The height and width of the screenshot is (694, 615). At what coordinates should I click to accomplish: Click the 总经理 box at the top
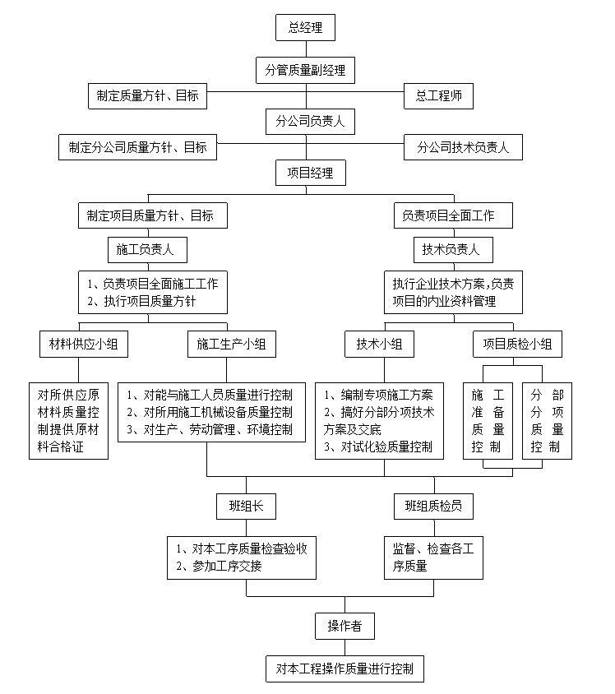pyautogui.click(x=305, y=27)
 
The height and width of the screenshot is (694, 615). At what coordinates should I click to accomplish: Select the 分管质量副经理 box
pyautogui.click(x=305, y=70)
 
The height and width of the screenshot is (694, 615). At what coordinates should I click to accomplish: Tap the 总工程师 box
pyautogui.click(x=438, y=96)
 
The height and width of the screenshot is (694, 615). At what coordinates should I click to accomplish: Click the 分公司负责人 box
pyautogui.click(x=310, y=121)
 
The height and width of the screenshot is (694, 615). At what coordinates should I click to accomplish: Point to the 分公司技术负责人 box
pyautogui.click(x=463, y=147)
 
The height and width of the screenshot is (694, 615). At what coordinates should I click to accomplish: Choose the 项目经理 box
pyautogui.click(x=311, y=173)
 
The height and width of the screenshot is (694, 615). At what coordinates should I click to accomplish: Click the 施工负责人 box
pyautogui.click(x=147, y=250)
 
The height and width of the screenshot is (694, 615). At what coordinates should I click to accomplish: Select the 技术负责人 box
pyautogui.click(x=454, y=250)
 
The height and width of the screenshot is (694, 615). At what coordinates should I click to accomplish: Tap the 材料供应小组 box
pyautogui.click(x=84, y=344)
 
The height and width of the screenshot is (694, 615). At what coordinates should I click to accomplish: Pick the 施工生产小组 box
pyautogui.click(x=232, y=344)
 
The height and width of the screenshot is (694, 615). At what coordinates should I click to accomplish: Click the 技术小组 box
pyautogui.click(x=380, y=344)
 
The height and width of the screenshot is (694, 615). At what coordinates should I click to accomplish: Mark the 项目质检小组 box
pyautogui.click(x=518, y=344)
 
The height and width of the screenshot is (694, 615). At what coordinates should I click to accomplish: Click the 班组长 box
pyautogui.click(x=246, y=507)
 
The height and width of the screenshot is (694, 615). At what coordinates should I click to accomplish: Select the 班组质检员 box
pyautogui.click(x=433, y=507)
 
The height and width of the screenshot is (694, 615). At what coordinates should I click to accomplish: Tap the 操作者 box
pyautogui.click(x=345, y=626)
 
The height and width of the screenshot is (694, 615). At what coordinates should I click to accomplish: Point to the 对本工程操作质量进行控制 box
pyautogui.click(x=345, y=669)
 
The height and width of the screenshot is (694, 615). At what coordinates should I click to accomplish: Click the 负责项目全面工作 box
pyautogui.click(x=454, y=215)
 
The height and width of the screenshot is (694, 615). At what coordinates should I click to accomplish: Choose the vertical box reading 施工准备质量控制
pyautogui.click(x=488, y=421)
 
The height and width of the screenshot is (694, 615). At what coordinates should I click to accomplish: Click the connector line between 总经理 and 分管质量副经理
pyautogui.click(x=306, y=49)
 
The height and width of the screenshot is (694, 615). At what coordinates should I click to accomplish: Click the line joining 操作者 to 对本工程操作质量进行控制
pyautogui.click(x=345, y=647)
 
